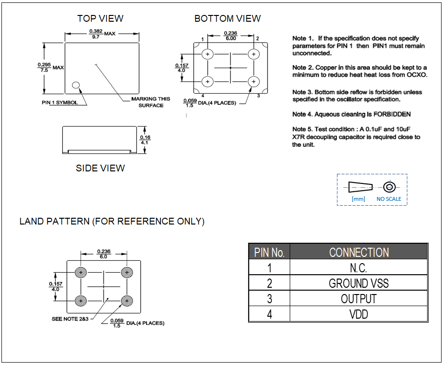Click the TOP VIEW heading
click(x=100, y=19)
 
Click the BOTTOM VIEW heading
click(x=228, y=19)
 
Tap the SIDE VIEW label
click(x=100, y=168)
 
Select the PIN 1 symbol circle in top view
click(x=76, y=85)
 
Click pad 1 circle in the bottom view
click(x=208, y=54)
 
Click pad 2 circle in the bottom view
click(x=253, y=54)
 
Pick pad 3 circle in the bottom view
click(x=253, y=81)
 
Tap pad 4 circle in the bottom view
click(x=208, y=81)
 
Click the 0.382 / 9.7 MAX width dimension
click(x=95, y=34)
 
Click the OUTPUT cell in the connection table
click(x=359, y=299)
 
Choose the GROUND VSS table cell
click(x=359, y=283)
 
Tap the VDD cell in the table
click(x=359, y=315)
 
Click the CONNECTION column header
click(x=359, y=252)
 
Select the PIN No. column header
click(x=269, y=252)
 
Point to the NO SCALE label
click(x=389, y=199)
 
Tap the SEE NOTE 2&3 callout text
click(x=71, y=319)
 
